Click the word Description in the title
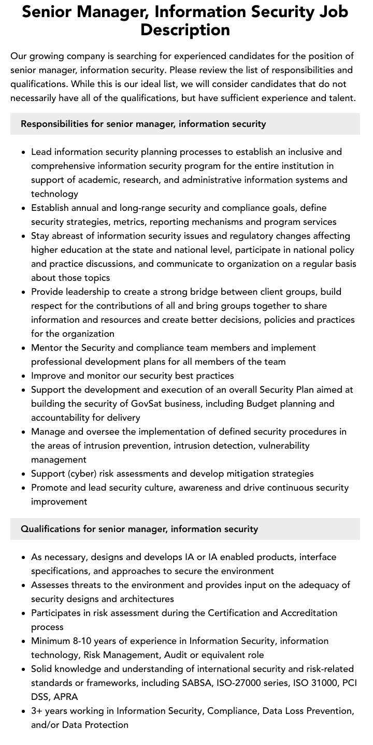point(185,30)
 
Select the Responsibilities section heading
point(144,124)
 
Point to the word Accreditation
point(309,613)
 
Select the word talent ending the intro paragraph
point(340,98)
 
